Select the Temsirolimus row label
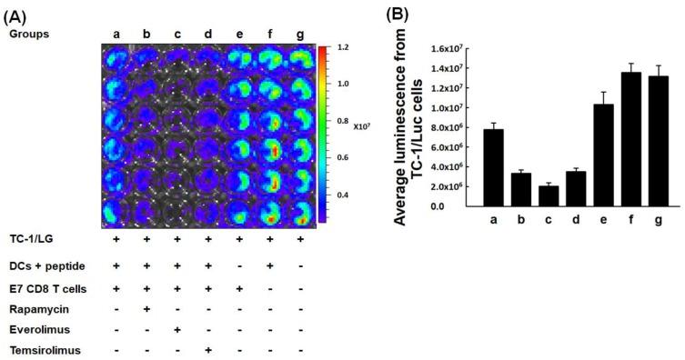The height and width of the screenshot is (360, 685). point(38,349)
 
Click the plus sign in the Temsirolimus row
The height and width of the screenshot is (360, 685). point(209,349)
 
